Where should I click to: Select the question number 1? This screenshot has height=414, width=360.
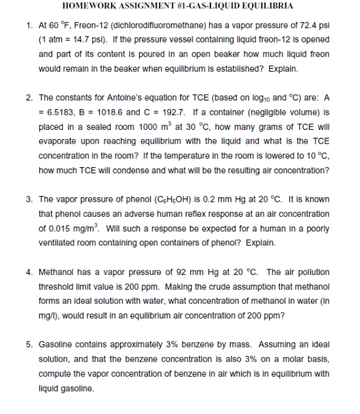(29, 26)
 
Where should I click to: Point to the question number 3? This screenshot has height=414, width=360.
(29, 199)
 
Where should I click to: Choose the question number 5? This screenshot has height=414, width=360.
(29, 343)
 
